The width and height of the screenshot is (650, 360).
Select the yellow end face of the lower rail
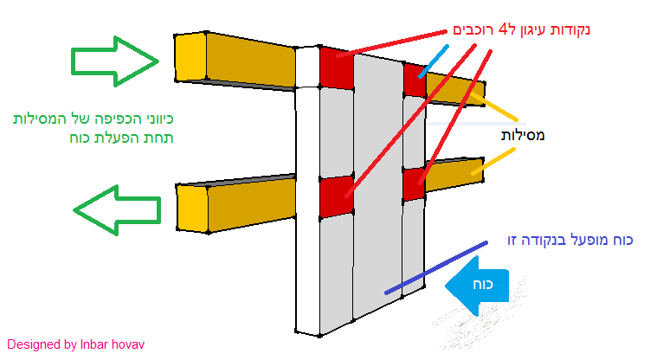[x=193, y=209]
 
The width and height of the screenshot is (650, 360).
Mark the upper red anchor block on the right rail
[x=415, y=80]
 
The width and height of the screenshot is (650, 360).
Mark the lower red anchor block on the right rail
[x=415, y=184]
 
